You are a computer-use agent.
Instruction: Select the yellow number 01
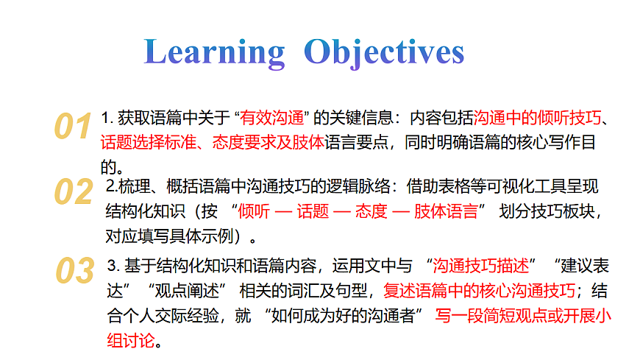tap(73, 127)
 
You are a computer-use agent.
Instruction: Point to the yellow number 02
tap(73, 192)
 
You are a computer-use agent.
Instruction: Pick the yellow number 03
tap(75, 270)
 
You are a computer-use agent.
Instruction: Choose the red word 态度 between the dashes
tap(371, 212)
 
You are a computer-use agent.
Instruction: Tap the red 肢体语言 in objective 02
tap(446, 212)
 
